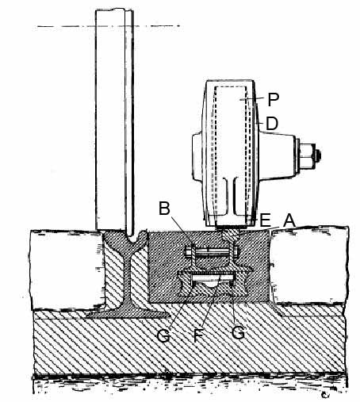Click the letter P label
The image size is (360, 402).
[274, 99]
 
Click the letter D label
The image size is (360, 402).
[272, 124]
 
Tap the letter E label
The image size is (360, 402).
[266, 220]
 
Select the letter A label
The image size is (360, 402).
[289, 220]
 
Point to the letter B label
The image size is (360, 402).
[164, 208]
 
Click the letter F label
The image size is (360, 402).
[198, 335]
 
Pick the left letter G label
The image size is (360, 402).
[163, 335]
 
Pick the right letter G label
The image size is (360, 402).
[238, 332]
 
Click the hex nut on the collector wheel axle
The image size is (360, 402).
[308, 156]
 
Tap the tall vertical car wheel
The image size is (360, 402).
[114, 121]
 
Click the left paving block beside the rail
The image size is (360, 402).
[66, 270]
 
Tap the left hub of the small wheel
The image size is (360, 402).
[198, 157]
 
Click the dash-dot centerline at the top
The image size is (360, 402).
[109, 26]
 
